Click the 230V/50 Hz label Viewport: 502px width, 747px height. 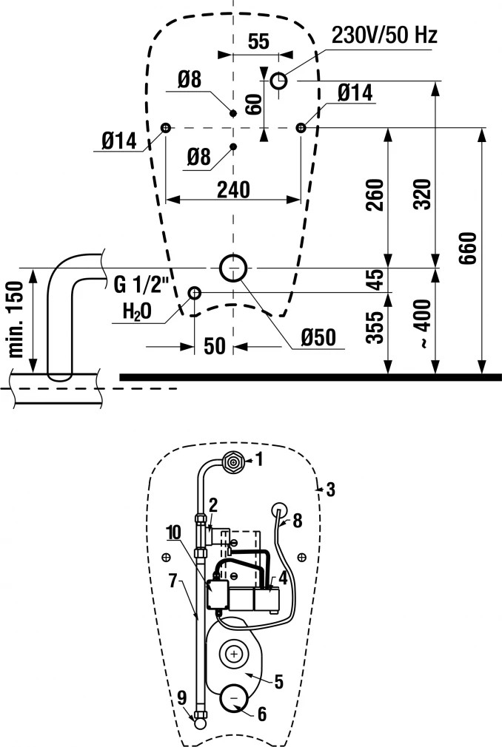[384, 36]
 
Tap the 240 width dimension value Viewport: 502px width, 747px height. [233, 189]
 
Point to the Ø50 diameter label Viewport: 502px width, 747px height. [318, 337]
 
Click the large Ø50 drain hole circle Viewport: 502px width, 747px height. [233, 268]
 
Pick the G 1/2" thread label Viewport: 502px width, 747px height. [141, 285]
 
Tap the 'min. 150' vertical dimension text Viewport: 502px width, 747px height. [16, 320]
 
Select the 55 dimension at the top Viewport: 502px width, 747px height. [259, 41]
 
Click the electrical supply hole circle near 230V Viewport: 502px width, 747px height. [279, 81]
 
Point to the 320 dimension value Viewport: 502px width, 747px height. [423, 195]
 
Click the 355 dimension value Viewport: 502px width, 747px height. [376, 328]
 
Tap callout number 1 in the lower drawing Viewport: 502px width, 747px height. [259, 460]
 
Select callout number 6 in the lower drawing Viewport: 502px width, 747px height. [261, 714]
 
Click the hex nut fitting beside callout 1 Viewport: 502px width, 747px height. [232, 462]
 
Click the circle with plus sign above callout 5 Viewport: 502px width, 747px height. [233, 655]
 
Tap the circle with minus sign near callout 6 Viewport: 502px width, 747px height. [233, 698]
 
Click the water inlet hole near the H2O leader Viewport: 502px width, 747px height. [195, 292]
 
